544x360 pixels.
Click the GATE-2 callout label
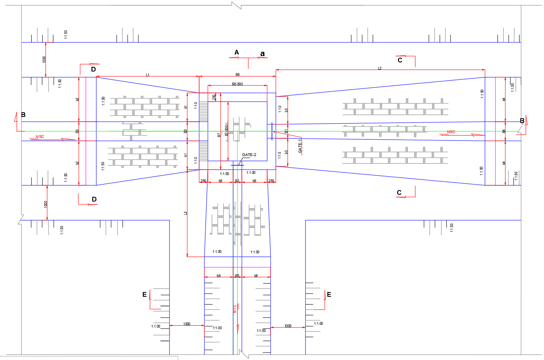coord(249,155)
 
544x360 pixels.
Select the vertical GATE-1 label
coord(300,146)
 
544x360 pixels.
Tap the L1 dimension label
coord(147,75)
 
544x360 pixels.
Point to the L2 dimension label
coord(380,68)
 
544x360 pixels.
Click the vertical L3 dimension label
coord(186,213)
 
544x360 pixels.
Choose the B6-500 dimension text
coord(237,84)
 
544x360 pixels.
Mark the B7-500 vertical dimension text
coord(226,131)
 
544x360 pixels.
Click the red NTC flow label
coord(235,309)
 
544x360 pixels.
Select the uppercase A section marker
coord(237,53)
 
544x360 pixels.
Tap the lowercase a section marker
coord(262,54)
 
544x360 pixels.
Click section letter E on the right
coord(329,294)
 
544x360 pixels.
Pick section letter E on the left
coord(145,294)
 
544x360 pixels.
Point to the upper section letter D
coord(94,69)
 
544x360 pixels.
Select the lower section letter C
coord(399,192)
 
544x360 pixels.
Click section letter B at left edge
coord(23,115)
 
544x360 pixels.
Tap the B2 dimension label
coord(237,181)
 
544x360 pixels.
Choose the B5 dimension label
coord(237,276)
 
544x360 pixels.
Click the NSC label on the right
coord(451,132)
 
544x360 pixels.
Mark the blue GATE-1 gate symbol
coord(272,131)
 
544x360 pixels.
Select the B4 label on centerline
coord(504,131)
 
